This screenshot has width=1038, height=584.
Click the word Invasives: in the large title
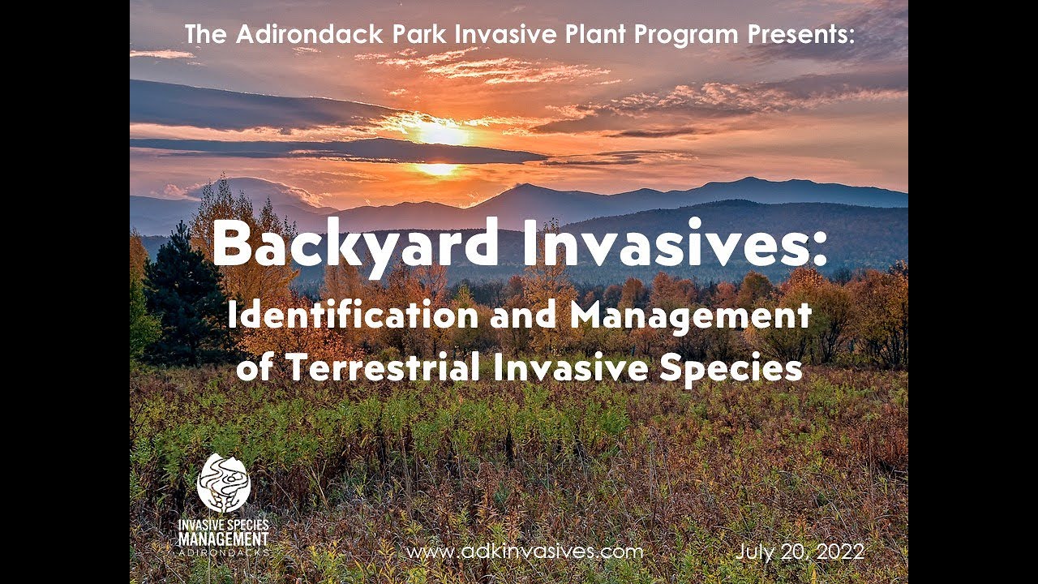pyautogui.click(x=675, y=244)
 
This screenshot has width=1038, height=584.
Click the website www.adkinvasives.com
pyautogui.click(x=525, y=552)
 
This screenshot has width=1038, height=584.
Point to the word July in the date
pyautogui.click(x=753, y=552)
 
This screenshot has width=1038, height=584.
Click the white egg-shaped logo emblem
pyautogui.click(x=223, y=483)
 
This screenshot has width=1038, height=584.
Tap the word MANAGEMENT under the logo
pyautogui.click(x=223, y=538)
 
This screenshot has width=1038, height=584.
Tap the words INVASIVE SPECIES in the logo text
pyautogui.click(x=223, y=525)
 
